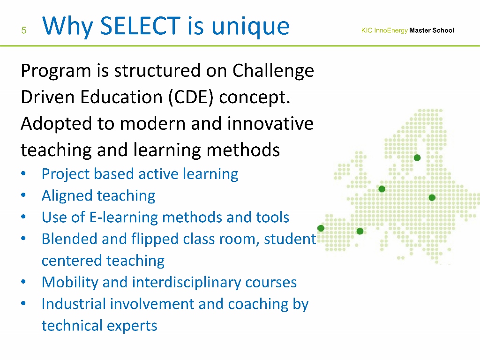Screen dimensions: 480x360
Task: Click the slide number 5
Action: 24,30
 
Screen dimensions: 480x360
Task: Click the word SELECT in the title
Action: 140,26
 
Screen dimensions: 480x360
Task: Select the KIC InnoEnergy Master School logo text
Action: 407,30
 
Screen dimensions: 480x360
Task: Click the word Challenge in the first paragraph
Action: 273,71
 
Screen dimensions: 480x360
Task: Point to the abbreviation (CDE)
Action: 191,97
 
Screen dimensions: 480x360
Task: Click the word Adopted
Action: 56,124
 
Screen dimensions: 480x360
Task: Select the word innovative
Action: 270,123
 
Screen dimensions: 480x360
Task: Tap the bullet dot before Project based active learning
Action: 23,173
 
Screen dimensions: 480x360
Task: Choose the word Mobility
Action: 70,283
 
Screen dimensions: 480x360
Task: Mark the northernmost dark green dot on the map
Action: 417,157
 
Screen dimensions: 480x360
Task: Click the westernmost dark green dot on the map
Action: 321,228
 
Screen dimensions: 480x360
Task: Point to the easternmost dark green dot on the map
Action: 432,197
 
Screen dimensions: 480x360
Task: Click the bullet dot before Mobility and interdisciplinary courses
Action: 23,282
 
